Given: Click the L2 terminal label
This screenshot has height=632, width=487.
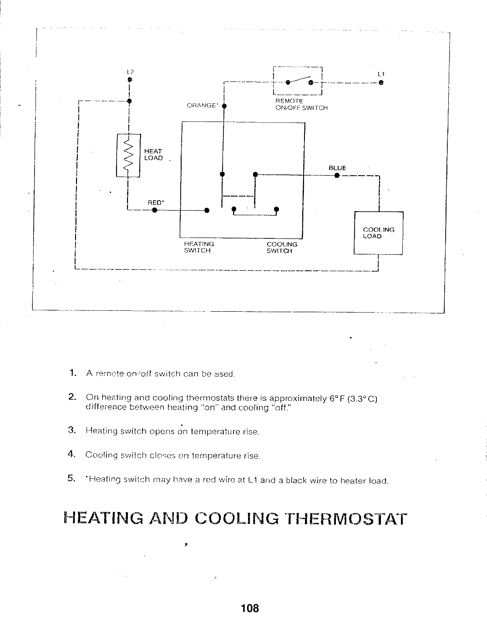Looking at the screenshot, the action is [130, 71].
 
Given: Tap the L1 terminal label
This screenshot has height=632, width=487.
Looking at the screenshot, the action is [381, 74].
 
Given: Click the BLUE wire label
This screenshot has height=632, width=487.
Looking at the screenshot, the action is [337, 168].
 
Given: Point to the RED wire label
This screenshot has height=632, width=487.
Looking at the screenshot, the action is [156, 202].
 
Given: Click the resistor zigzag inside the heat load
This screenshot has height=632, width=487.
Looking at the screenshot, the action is [128, 155].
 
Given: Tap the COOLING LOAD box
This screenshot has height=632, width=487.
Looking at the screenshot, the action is [379, 233].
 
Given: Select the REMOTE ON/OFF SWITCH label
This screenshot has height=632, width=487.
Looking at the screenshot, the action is [301, 104].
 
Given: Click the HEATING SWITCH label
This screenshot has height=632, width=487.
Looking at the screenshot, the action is [199, 247].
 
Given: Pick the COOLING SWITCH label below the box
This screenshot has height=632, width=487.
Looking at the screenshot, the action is [282, 248].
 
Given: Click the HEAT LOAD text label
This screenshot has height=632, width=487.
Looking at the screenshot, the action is [153, 154].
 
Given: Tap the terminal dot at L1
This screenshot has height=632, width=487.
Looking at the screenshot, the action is [381, 83].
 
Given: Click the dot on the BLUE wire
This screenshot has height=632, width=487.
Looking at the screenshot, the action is [337, 175].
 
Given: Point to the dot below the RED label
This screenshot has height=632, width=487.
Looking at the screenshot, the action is [155, 210].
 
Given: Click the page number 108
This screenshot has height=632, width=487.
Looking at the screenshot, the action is [250, 608].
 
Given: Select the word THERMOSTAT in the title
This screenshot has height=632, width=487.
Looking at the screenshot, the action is [345, 519].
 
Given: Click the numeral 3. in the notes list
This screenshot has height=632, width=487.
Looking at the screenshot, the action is [72, 430].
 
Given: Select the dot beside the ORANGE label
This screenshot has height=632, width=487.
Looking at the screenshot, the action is [224, 106].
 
